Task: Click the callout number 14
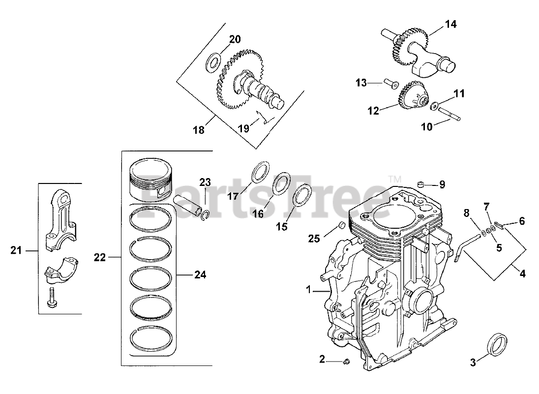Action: [x=451, y=24]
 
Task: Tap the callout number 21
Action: [x=16, y=251]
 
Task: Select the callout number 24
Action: [x=200, y=275]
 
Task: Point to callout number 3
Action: [x=473, y=363]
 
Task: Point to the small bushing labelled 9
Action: [x=420, y=184]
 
